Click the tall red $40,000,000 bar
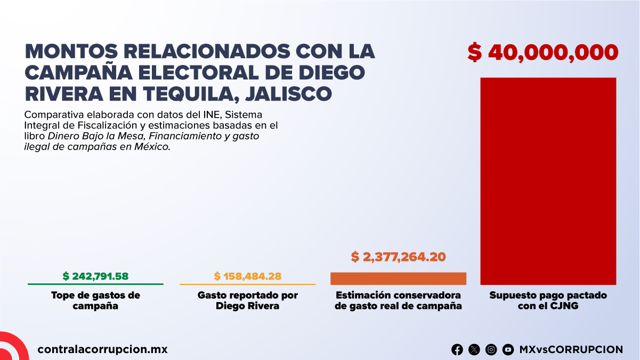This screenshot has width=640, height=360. (x=548, y=181)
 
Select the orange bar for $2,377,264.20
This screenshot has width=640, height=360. (x=398, y=279)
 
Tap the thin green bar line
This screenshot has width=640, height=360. (x=95, y=284)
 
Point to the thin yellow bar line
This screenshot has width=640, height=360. (x=247, y=284)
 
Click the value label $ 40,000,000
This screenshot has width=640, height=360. (x=542, y=53)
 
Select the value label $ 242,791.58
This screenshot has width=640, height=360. (x=95, y=276)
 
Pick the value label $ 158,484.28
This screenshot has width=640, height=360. (x=247, y=276)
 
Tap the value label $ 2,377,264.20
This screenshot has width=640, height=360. (x=398, y=257)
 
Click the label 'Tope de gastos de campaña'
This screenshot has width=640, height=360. (x=95, y=300)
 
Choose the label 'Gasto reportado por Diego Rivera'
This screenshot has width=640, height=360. (x=247, y=300)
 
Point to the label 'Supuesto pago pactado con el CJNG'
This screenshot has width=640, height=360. (x=548, y=300)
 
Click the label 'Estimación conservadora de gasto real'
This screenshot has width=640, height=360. (x=398, y=300)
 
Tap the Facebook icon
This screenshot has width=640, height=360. (x=457, y=350)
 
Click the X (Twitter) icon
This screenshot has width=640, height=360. (x=474, y=350)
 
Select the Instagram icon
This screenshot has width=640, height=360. (x=491, y=350)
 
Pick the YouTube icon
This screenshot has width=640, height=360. (x=508, y=350)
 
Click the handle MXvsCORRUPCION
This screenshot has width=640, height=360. (x=570, y=350)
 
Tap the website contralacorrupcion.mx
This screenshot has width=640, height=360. (x=102, y=350)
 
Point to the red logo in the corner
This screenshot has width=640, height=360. (x=12, y=347)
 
